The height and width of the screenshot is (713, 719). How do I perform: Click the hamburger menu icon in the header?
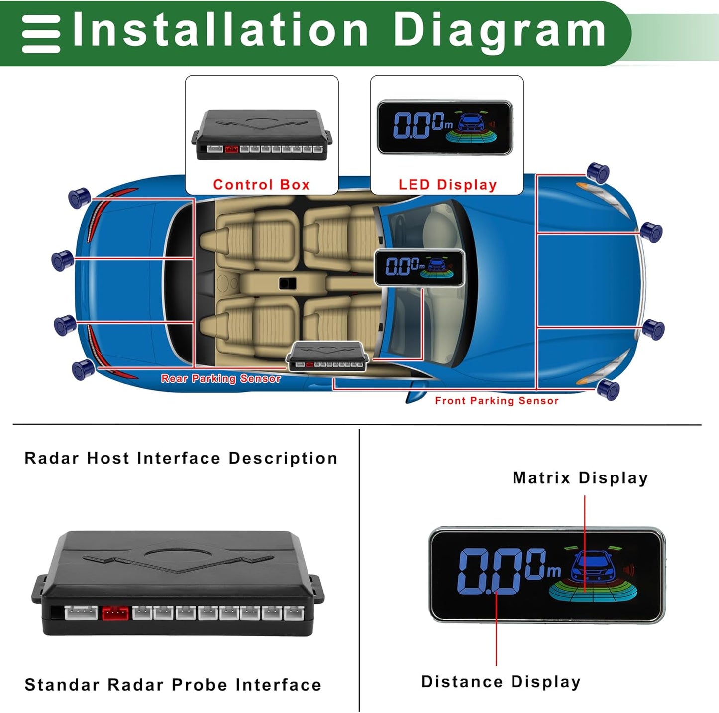click(41, 34)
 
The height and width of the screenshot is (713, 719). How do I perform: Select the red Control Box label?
click(261, 185)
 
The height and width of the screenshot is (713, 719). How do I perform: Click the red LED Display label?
click(447, 185)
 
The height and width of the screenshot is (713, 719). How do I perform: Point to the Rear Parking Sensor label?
click(220, 379)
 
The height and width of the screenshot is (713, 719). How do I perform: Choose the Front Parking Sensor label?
click(497, 401)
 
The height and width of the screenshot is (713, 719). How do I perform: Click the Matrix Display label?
click(580, 478)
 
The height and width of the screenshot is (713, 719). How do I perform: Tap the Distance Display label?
click(501, 682)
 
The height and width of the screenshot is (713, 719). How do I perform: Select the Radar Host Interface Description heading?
click(181, 458)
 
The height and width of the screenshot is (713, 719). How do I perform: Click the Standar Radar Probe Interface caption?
click(173, 685)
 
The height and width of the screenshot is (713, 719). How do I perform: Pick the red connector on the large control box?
click(115, 613)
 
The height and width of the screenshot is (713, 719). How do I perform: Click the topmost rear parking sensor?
click(79, 198)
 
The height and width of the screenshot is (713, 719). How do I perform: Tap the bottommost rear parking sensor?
click(83, 369)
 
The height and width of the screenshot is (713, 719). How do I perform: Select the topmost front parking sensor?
click(598, 172)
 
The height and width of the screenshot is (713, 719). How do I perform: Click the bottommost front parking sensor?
click(608, 389)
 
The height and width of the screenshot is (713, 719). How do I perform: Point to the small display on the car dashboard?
click(419, 268)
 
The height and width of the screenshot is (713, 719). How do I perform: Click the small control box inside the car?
click(327, 356)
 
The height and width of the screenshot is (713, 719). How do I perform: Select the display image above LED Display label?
click(444, 127)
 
